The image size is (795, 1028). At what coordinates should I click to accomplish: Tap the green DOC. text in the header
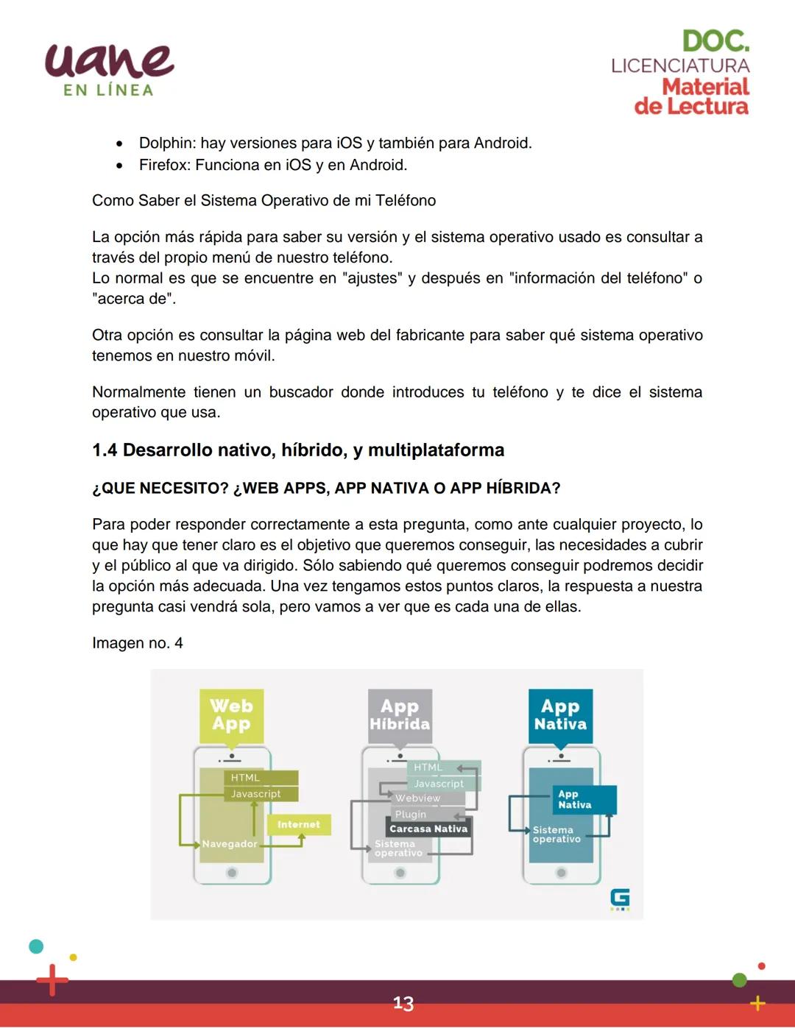[715, 41]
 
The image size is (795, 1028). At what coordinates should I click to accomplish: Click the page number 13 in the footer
[403, 1004]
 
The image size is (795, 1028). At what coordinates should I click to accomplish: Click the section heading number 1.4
[105, 450]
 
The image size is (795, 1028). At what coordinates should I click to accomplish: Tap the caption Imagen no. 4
[138, 643]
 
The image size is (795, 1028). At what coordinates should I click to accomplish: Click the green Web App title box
[231, 715]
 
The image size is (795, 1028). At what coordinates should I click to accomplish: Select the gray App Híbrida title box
[400, 715]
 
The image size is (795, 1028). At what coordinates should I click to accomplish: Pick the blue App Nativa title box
[560, 715]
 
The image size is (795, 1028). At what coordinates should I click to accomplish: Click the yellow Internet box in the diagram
[299, 825]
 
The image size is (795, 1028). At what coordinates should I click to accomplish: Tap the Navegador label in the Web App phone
[230, 844]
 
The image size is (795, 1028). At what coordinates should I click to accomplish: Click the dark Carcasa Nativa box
[428, 829]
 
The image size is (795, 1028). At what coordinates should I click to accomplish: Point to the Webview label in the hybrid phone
[417, 798]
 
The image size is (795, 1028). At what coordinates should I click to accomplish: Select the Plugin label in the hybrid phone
[410, 815]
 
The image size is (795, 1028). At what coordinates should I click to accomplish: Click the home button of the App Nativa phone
[561, 873]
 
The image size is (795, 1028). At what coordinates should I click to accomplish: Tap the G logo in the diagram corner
[620, 898]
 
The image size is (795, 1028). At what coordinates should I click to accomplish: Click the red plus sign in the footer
[52, 980]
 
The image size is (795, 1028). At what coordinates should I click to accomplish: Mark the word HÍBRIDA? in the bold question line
[523, 489]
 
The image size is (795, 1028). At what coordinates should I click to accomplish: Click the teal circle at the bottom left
[35, 946]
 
